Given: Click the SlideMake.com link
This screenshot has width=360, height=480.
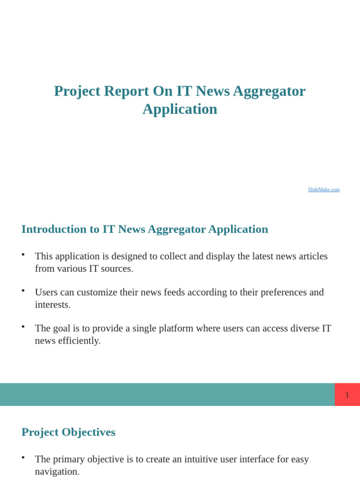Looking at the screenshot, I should click(x=323, y=189).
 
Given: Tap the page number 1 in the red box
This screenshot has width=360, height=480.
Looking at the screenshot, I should click(x=347, y=395).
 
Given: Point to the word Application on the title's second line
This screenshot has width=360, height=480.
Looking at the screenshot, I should click(x=180, y=109).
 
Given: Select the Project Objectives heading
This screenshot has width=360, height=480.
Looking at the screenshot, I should click(x=68, y=432).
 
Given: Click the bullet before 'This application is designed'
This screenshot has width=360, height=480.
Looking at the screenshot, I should click(x=23, y=254).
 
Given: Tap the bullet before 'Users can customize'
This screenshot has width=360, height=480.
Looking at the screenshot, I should click(x=23, y=290).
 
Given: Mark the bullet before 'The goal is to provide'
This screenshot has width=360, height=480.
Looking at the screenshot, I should click(x=23, y=326).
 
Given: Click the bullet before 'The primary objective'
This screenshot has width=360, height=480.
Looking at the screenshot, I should click(x=23, y=457).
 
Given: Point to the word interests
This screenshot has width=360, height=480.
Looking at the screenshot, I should click(x=52, y=305).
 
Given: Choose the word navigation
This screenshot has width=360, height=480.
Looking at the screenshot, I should click(x=57, y=472).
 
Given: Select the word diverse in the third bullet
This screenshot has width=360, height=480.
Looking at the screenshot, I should click(x=297, y=328).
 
